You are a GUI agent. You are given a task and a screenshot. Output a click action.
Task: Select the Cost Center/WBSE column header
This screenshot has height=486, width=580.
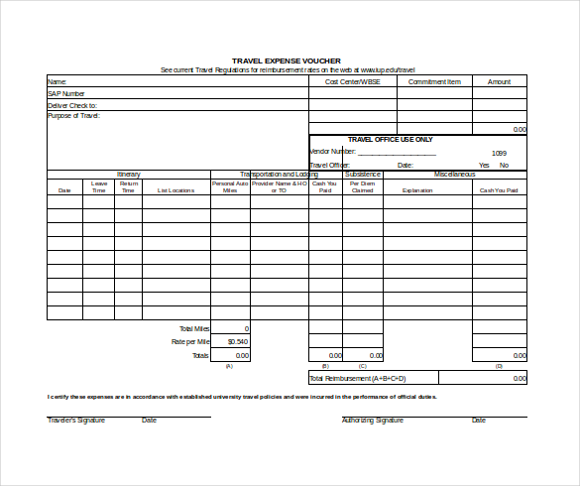tap(352, 81)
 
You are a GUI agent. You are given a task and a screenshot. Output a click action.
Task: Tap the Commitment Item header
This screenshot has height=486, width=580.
tap(434, 81)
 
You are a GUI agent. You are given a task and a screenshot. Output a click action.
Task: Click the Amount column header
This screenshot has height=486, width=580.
tap(499, 81)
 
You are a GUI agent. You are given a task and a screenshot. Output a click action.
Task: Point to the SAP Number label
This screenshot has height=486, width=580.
tap(67, 93)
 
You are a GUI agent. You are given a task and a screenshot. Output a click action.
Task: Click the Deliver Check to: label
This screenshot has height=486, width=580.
tap(72, 104)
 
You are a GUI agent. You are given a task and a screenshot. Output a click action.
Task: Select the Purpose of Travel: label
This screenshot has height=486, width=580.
tap(74, 116)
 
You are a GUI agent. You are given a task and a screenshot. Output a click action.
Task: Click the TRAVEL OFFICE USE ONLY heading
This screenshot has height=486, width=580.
tap(390, 140)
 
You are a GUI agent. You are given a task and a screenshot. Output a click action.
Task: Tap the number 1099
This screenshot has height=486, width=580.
tap(499, 153)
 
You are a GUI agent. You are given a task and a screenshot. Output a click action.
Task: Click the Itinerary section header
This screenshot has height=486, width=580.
tap(129, 175)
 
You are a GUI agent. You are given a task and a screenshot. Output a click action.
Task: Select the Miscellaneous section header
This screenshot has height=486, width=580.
tap(454, 175)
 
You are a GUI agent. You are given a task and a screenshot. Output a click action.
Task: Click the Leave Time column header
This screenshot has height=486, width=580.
tap(99, 186)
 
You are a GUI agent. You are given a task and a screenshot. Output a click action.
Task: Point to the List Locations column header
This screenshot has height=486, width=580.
tap(175, 189)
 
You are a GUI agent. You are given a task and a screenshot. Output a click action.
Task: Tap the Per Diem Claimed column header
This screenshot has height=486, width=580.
tap(362, 186)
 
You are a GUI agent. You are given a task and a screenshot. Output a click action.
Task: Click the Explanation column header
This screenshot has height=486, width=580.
tap(417, 189)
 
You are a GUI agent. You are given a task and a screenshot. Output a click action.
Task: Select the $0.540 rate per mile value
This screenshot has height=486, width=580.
tap(238, 341)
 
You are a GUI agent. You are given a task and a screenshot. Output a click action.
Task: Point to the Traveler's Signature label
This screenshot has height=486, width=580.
tap(76, 421)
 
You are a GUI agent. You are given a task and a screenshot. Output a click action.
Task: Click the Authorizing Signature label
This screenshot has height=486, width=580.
tap(373, 421)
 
